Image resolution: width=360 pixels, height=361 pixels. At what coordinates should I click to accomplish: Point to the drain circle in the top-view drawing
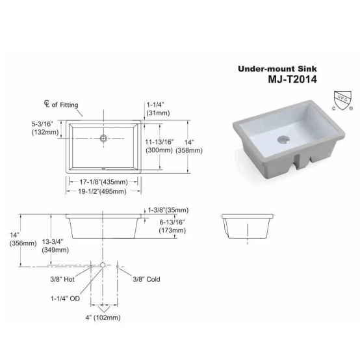(103, 138)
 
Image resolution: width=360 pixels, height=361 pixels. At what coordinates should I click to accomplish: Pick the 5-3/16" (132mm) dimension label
(45, 127)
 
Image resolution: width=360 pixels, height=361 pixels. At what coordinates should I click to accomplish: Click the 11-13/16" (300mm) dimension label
(159, 145)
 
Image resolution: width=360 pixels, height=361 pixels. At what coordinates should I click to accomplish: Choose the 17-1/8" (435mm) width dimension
(104, 181)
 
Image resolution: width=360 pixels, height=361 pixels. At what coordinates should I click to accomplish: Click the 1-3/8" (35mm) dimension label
(167, 210)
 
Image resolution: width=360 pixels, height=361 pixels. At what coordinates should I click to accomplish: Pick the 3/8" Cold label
(146, 279)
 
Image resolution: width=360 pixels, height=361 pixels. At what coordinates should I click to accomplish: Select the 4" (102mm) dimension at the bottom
(104, 318)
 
